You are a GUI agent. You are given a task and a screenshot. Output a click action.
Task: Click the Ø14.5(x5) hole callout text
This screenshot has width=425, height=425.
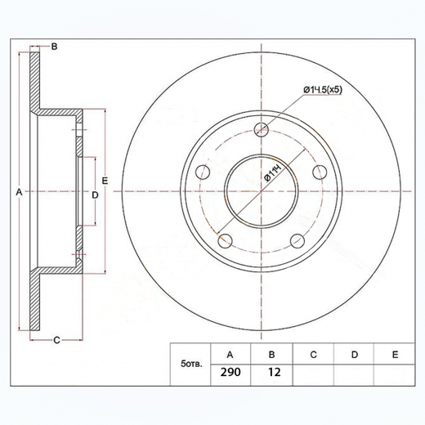[x=323, y=90]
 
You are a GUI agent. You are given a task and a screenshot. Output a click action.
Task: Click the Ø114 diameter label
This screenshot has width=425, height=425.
[x=273, y=174]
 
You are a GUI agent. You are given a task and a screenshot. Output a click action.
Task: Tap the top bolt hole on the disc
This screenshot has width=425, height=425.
[x=262, y=129]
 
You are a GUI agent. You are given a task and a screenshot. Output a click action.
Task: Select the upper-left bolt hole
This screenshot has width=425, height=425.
[x=203, y=172]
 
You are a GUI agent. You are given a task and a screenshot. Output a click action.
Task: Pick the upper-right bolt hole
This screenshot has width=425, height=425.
[x=320, y=172]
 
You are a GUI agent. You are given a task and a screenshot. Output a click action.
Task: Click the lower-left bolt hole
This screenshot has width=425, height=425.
[x=226, y=241]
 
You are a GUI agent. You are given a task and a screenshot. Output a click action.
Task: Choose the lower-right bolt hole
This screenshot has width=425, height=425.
[x=297, y=241]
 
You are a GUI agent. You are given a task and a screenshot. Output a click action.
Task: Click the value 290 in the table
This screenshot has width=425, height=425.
[x=230, y=372]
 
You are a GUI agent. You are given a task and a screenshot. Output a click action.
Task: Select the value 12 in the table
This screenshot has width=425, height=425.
[x=275, y=372]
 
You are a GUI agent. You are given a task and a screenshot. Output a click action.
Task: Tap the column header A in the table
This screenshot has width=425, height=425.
[x=230, y=355]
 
